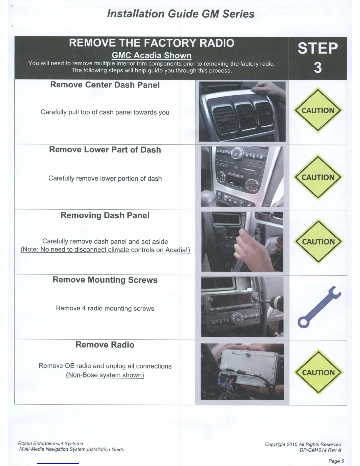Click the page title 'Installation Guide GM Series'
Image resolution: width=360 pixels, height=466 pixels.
(x=181, y=14)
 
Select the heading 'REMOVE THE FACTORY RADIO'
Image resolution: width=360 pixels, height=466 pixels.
(x=151, y=43)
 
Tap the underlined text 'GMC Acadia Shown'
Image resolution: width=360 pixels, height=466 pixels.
(x=151, y=55)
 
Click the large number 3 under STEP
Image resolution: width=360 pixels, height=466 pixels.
(x=318, y=68)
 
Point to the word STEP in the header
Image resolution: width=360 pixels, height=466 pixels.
(x=318, y=49)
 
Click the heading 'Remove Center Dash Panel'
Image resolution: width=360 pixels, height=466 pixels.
(x=105, y=85)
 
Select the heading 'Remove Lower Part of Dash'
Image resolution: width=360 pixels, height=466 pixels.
(x=105, y=150)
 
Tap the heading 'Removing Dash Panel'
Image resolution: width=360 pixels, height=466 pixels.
(x=105, y=215)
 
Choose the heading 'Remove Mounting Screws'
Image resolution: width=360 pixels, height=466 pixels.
(x=105, y=280)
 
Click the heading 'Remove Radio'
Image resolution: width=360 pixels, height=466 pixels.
(x=105, y=345)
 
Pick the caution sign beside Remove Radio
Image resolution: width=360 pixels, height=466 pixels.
(x=319, y=372)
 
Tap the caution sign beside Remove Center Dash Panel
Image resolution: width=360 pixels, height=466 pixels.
(x=318, y=110)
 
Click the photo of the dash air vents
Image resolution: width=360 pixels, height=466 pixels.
(x=242, y=111)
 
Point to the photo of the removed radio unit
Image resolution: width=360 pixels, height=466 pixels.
(x=242, y=372)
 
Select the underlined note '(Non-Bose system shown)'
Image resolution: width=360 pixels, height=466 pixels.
(x=105, y=375)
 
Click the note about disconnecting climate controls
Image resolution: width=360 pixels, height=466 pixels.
(x=105, y=250)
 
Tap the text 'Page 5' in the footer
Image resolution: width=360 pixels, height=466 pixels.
(x=336, y=461)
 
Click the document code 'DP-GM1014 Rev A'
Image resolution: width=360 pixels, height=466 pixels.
(x=320, y=450)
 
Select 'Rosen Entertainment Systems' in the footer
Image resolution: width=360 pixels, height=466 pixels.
(x=50, y=443)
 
